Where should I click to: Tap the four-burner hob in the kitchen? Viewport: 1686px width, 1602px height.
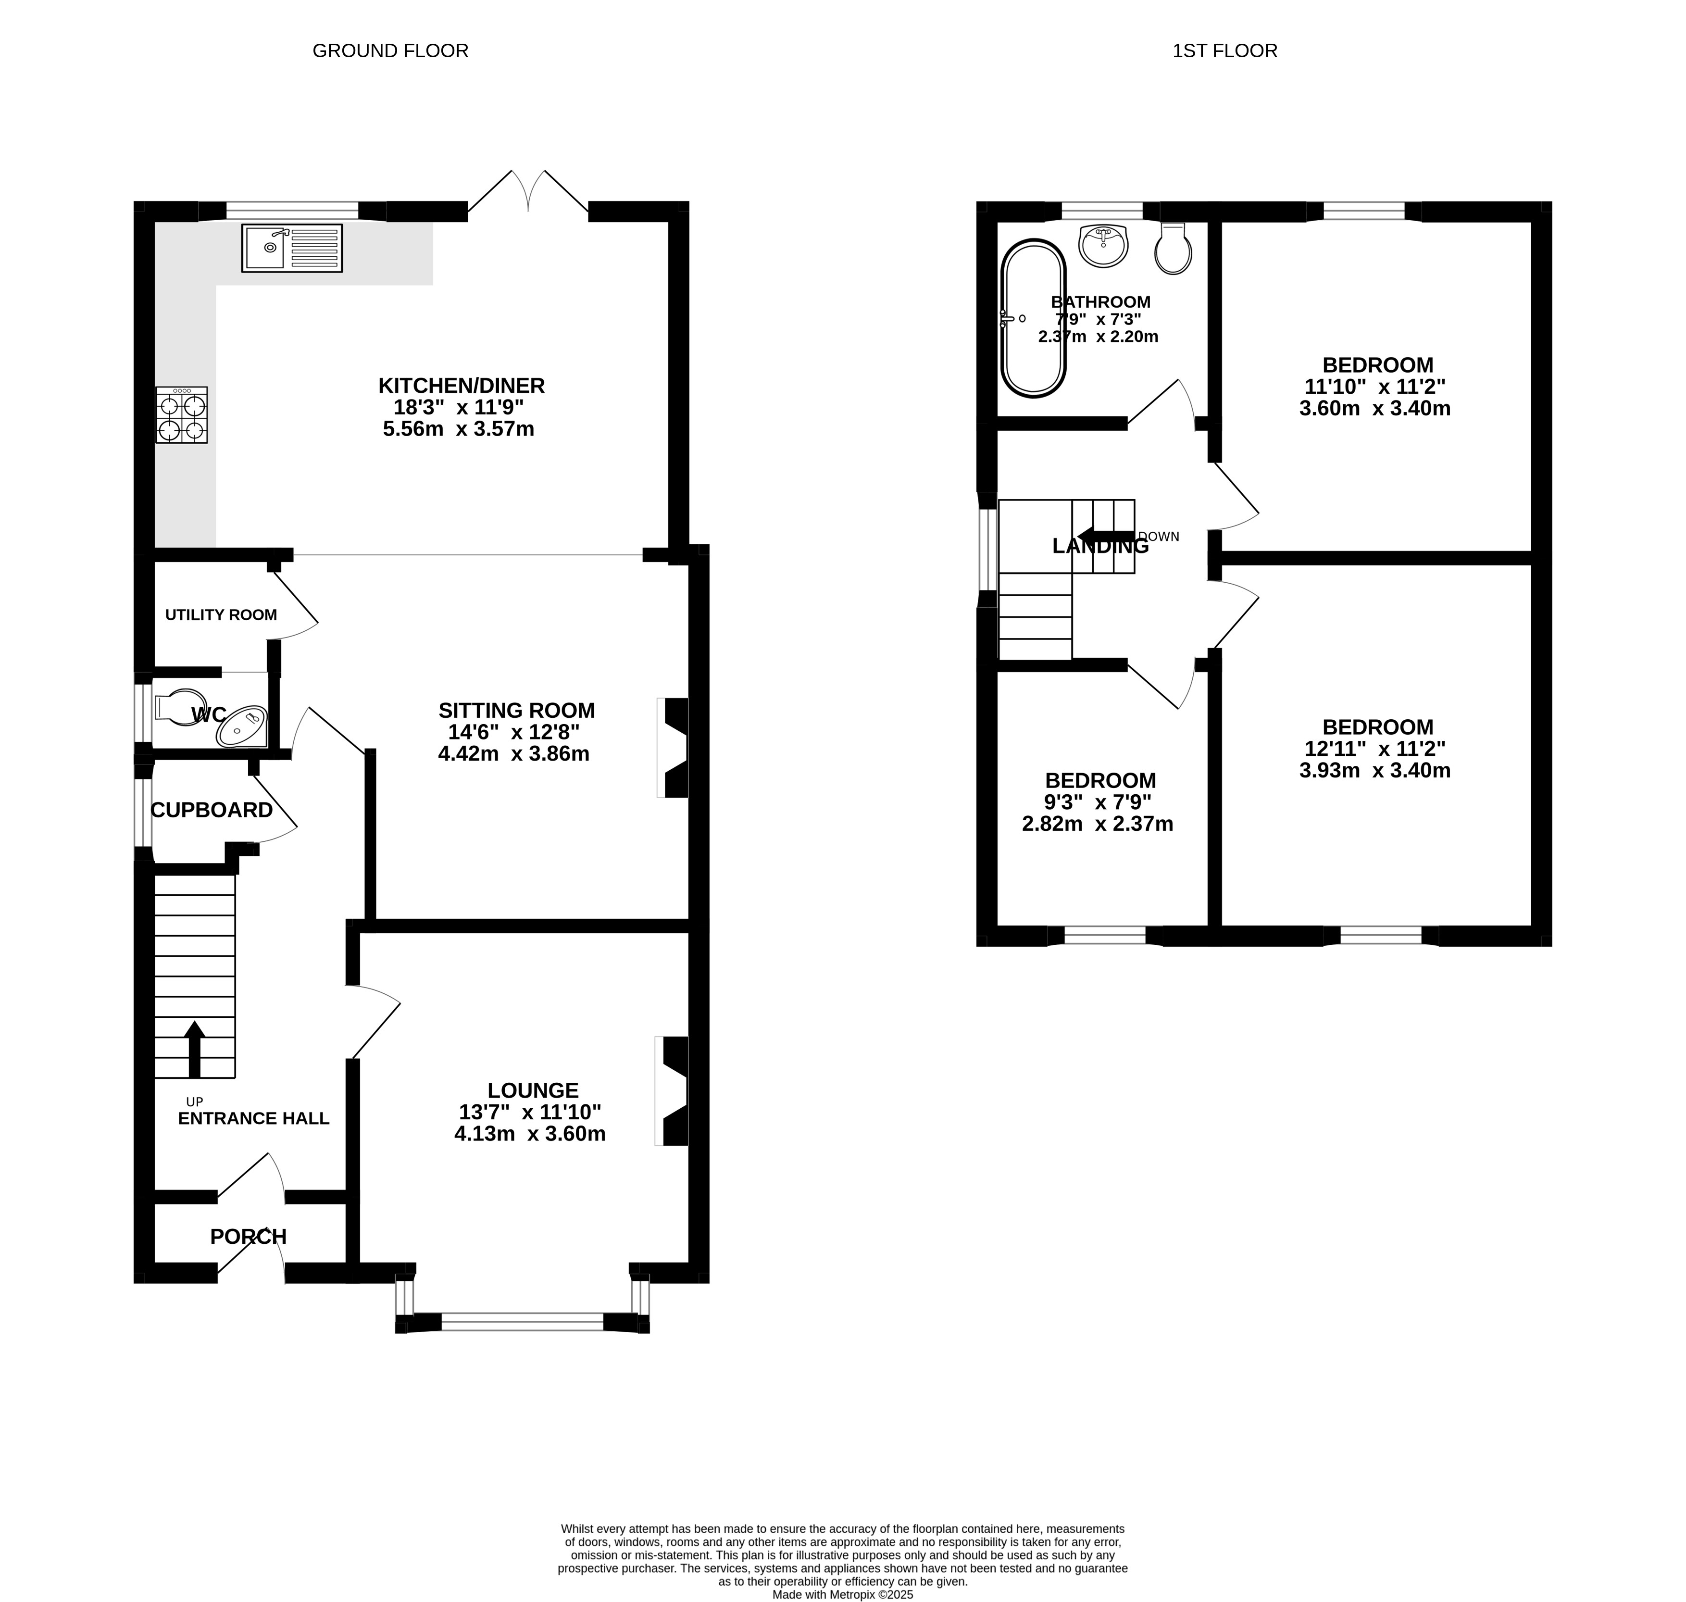coord(181,415)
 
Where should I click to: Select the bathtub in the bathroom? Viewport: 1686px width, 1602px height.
coord(1033,318)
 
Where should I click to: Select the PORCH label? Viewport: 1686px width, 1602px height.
coord(249,1237)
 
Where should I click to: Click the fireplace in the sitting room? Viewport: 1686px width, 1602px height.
coord(674,748)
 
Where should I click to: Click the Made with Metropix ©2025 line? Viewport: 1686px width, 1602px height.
coord(843,1593)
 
